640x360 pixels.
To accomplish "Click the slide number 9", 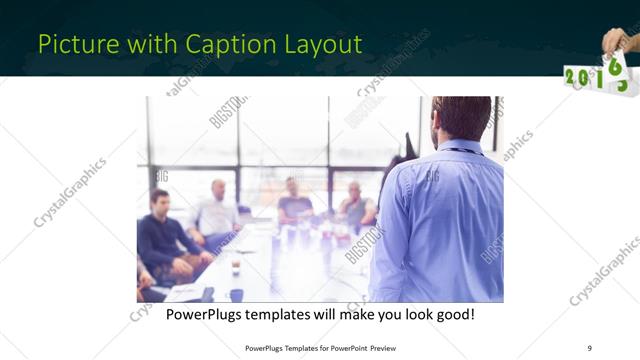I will [x=589, y=347].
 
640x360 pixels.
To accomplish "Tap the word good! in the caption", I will [x=452, y=316].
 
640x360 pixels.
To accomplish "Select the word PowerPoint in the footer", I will [x=346, y=348].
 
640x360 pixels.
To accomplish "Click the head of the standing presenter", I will [x=463, y=116].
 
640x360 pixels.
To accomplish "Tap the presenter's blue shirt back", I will [x=440, y=220].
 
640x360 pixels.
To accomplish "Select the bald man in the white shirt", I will [x=218, y=210].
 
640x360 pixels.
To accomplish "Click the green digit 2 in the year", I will [x=571, y=77].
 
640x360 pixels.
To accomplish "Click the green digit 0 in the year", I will [x=584, y=79].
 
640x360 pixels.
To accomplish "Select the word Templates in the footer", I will [x=296, y=348].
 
